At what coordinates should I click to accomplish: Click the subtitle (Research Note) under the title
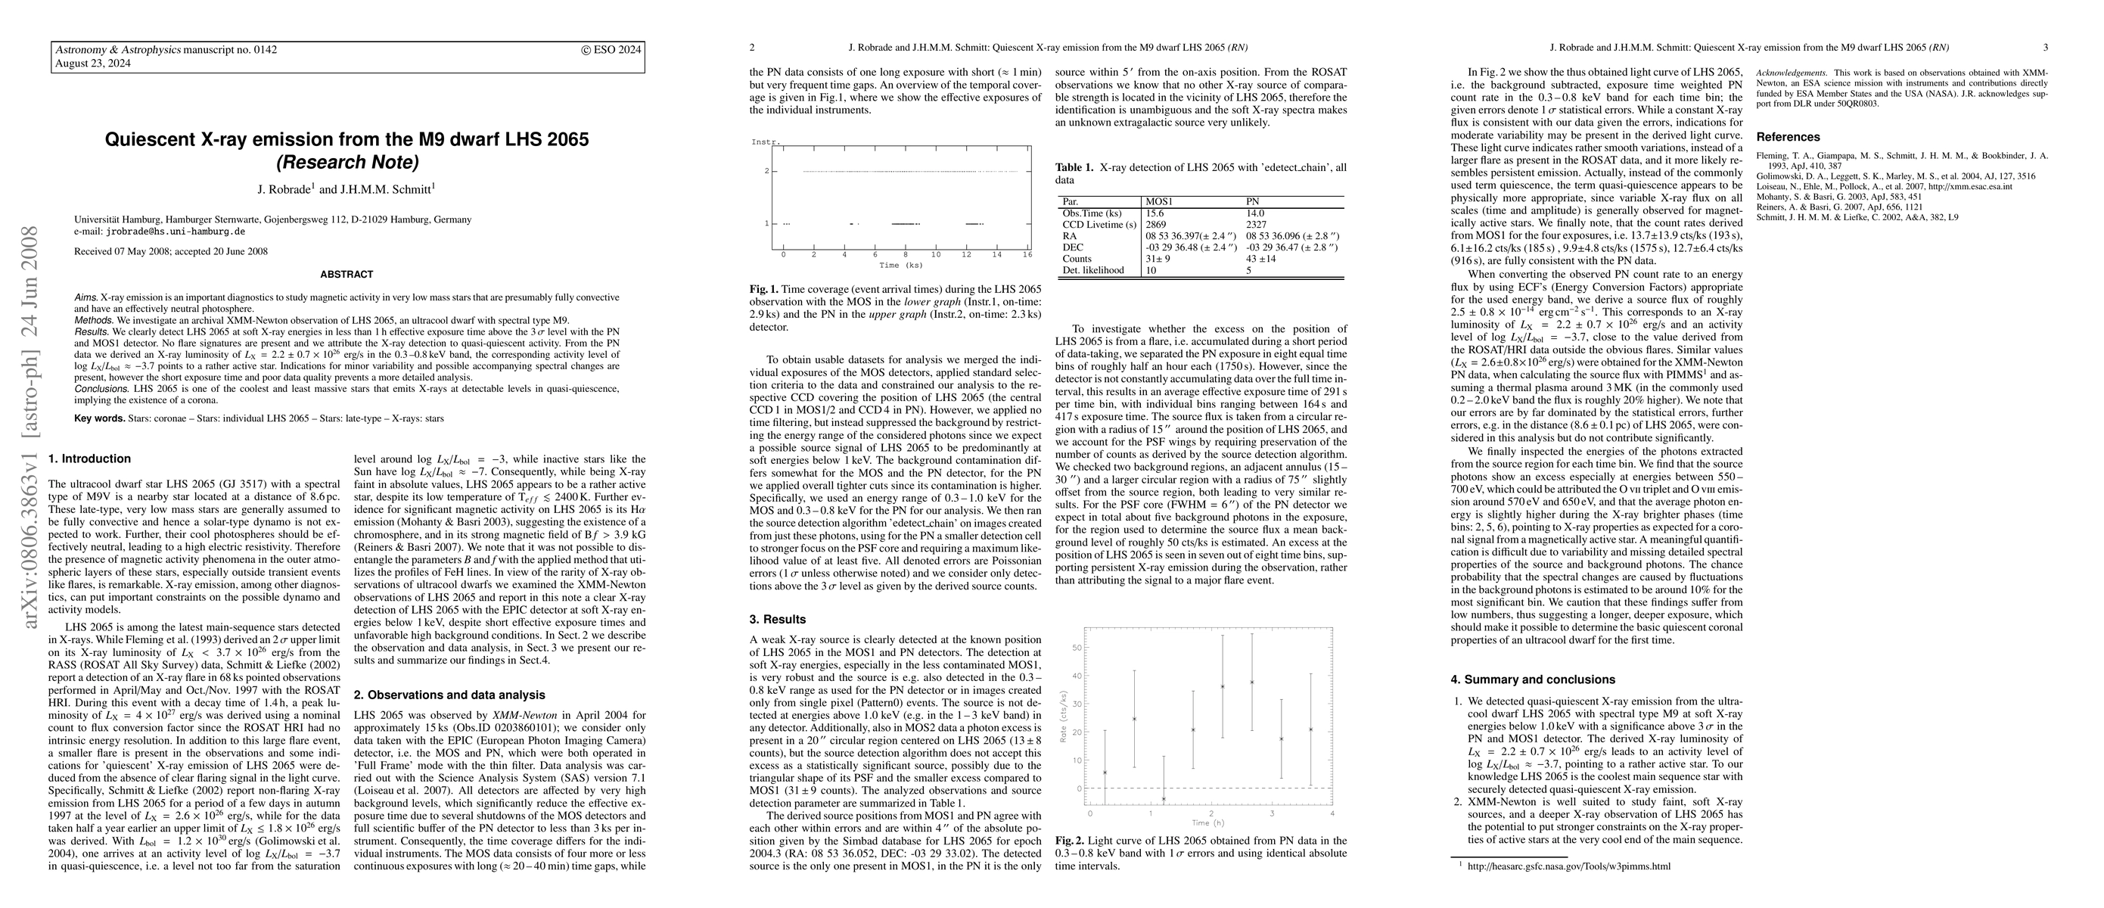click(x=347, y=163)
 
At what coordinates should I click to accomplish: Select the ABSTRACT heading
click(x=347, y=275)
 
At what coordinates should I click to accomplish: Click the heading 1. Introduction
click(x=90, y=459)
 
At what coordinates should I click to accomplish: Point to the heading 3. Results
click(x=778, y=620)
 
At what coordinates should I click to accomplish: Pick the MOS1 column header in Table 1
click(x=1160, y=202)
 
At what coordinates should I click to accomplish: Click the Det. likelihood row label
click(x=1092, y=270)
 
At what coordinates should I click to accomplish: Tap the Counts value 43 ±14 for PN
click(x=1263, y=259)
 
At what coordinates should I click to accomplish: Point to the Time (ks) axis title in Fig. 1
click(x=901, y=266)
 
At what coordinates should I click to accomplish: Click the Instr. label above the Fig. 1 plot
click(x=766, y=142)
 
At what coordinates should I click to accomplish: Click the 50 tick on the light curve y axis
click(x=1076, y=648)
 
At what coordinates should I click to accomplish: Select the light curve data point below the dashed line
click(x=1164, y=798)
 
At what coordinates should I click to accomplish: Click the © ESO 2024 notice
click(x=611, y=50)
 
